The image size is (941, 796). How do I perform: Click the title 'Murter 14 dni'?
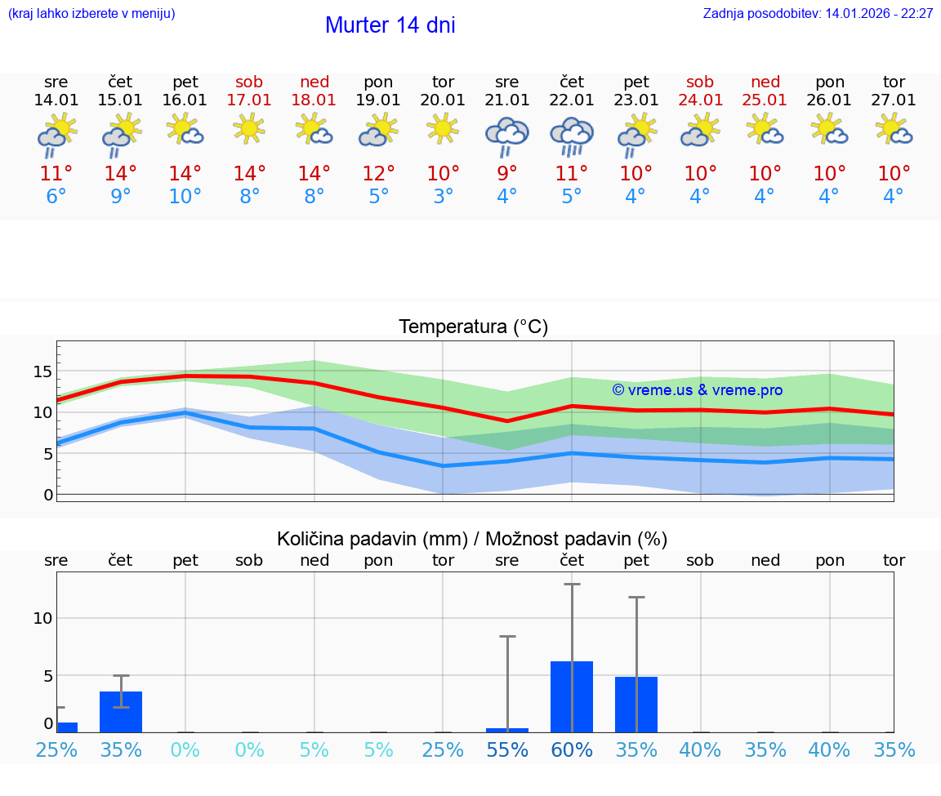[x=390, y=25]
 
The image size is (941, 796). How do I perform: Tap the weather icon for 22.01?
[x=572, y=135]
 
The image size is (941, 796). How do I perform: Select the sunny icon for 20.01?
[x=443, y=129]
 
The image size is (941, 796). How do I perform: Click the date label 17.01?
[x=249, y=100]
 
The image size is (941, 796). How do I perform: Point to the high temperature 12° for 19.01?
[x=378, y=174]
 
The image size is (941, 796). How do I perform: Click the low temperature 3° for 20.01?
[x=443, y=197]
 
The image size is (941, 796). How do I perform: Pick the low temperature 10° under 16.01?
[x=185, y=197]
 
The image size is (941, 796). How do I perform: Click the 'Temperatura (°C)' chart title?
[x=473, y=327]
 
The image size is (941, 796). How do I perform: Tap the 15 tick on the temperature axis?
[x=42, y=371]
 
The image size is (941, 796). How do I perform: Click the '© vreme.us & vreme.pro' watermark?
[x=698, y=390]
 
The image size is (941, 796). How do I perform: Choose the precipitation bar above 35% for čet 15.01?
[x=121, y=712]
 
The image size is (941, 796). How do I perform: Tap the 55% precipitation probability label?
[x=507, y=750]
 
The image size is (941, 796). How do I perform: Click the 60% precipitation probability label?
[x=572, y=750]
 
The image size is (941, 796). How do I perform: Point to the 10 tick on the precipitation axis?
[x=42, y=618]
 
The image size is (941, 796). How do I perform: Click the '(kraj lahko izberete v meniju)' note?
[x=91, y=14]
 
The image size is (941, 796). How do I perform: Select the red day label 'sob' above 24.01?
[x=700, y=82]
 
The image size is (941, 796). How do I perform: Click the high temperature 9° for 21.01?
[x=507, y=174]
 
